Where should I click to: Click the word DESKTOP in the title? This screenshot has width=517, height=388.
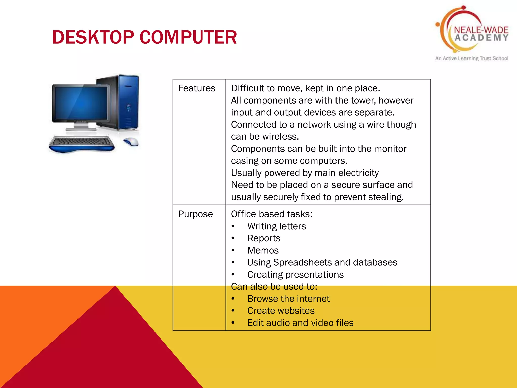click(x=93, y=37)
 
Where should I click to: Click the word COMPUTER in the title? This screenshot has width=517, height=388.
click(x=188, y=37)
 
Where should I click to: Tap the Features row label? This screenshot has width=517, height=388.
click(x=197, y=88)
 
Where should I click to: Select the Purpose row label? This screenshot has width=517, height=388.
click(x=195, y=214)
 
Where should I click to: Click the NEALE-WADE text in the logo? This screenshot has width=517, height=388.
click(x=481, y=30)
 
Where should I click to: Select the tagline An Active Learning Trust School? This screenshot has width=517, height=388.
click(x=472, y=58)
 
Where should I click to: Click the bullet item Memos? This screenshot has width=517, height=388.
click(x=263, y=250)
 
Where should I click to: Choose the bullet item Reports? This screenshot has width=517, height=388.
click(x=264, y=238)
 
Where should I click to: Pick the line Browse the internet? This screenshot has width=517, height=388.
click(x=288, y=299)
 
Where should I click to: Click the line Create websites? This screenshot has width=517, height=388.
click(x=281, y=311)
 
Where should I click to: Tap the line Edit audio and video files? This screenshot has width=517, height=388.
click(x=300, y=323)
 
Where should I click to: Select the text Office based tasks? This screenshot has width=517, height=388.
click(x=272, y=214)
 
